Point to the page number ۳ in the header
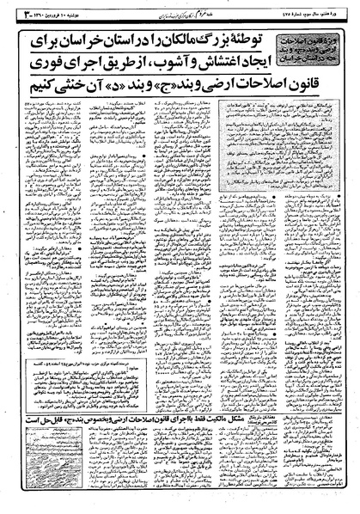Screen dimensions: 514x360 point(9,11)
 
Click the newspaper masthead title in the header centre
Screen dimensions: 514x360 point(177,11)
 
